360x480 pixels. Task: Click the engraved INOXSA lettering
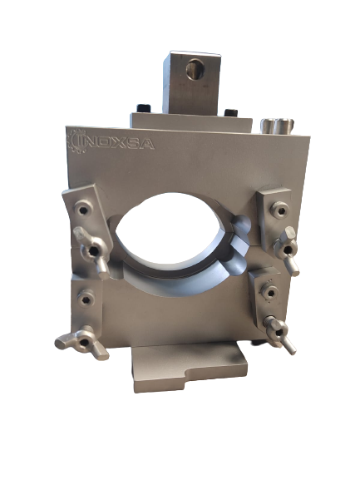point(121,143)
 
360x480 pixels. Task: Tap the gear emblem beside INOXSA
point(76,141)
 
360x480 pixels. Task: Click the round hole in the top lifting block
point(195,70)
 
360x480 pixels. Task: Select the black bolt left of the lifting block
point(144,108)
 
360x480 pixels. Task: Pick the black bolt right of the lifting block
point(230,113)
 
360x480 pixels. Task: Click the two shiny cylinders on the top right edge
point(277,126)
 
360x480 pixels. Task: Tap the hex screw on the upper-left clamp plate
point(83,209)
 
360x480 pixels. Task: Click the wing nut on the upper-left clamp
point(91,251)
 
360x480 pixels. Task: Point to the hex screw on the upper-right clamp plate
point(279,210)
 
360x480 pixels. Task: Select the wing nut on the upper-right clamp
point(287,250)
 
